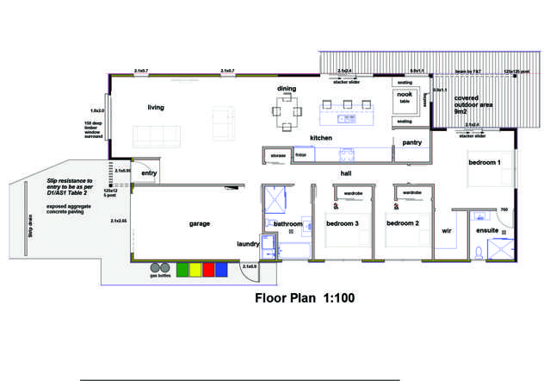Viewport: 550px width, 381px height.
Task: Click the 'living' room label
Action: click(x=156, y=108)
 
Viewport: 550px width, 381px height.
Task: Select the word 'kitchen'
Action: click(x=298, y=138)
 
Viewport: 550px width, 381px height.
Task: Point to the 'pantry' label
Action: click(x=411, y=142)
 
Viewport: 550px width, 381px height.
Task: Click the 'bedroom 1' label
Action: click(x=485, y=162)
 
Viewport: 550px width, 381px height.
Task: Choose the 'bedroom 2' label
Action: click(x=402, y=223)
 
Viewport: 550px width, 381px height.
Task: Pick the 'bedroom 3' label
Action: click(x=342, y=223)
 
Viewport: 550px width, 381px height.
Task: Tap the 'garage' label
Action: click(x=200, y=223)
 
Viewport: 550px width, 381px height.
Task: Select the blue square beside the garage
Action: click(x=221, y=269)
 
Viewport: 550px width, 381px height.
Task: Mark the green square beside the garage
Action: click(x=182, y=269)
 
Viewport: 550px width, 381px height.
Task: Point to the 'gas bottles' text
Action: click(x=159, y=278)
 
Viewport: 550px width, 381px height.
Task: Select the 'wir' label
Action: click(x=447, y=231)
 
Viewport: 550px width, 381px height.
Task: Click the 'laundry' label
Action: click(x=248, y=245)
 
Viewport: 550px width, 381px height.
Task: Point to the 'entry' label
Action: click(x=150, y=173)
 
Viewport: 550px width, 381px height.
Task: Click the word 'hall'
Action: click(x=345, y=173)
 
